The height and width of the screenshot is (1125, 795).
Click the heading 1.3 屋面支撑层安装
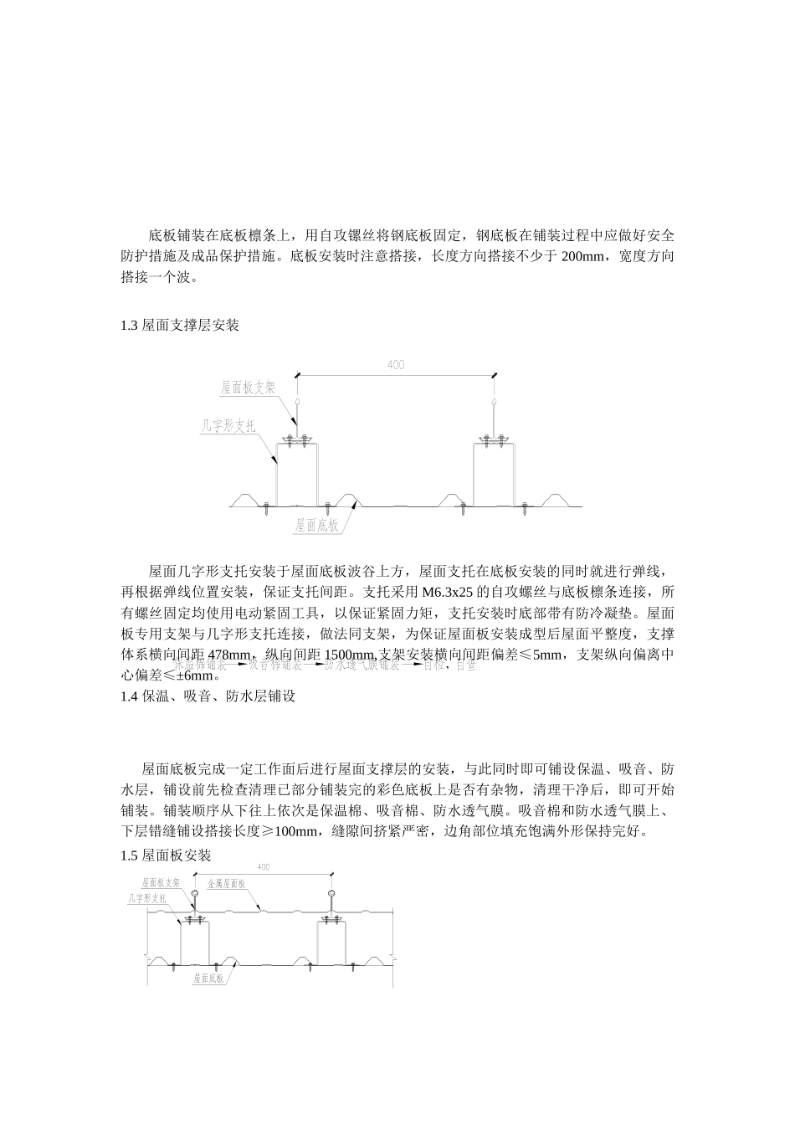[180, 326]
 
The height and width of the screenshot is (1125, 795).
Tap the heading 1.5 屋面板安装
[167, 855]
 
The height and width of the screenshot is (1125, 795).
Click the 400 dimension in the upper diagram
[396, 365]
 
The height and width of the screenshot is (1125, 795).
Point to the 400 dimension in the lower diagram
[264, 867]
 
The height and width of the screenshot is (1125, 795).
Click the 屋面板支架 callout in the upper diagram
[248, 388]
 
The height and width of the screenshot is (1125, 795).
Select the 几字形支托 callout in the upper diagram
[228, 426]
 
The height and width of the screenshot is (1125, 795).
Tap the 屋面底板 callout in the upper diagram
[316, 526]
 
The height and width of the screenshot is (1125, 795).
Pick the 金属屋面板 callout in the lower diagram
[226, 884]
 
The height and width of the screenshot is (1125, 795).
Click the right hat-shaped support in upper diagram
[494, 473]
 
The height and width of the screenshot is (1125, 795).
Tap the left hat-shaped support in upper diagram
[298, 473]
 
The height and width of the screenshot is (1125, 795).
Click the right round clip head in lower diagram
[333, 894]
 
